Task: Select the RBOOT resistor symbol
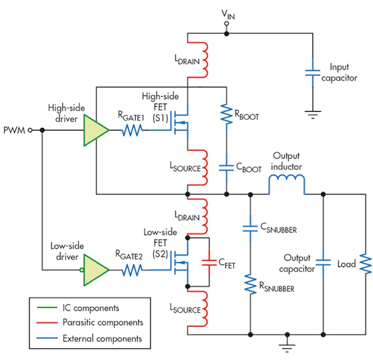pyautogui.click(x=227, y=113)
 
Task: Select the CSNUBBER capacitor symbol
pyautogui.click(x=250, y=228)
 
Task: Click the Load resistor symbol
pyautogui.click(x=366, y=264)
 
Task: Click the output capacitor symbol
pyautogui.click(x=323, y=263)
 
